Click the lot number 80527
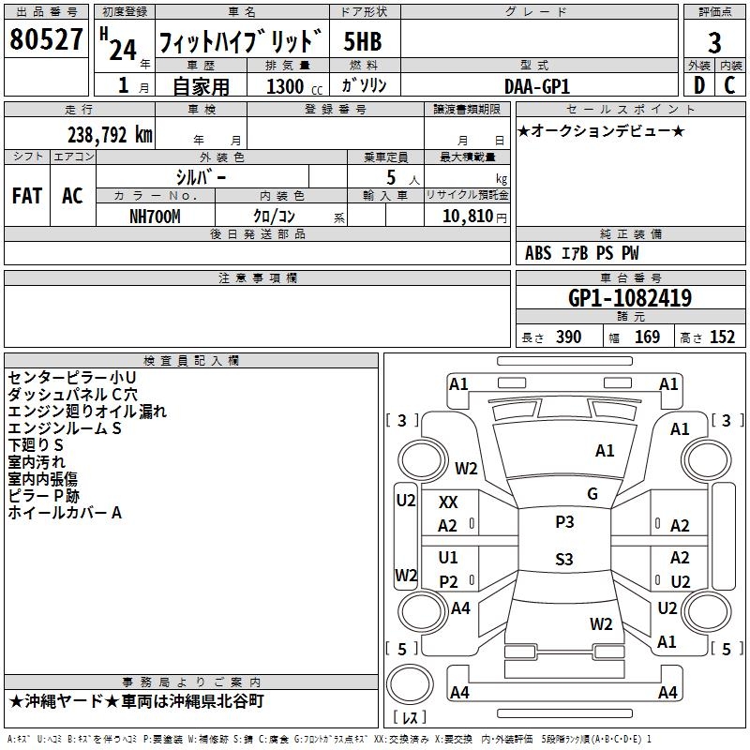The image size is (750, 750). click(x=47, y=40)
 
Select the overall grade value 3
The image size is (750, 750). click(x=714, y=42)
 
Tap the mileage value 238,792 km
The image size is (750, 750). click(x=110, y=135)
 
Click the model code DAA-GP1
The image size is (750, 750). click(x=536, y=85)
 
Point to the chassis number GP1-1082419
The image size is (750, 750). click(x=631, y=298)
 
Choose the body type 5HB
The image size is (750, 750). click(x=363, y=41)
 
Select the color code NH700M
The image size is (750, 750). click(x=155, y=215)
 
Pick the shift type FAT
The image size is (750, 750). click(x=27, y=196)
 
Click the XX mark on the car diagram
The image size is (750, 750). click(x=448, y=502)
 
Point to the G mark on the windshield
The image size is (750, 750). click(x=592, y=494)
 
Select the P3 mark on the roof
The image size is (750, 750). click(x=563, y=522)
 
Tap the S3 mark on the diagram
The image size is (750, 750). click(x=563, y=560)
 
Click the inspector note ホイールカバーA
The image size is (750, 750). click(x=66, y=513)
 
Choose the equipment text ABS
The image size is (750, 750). click(x=538, y=253)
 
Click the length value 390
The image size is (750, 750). click(x=568, y=337)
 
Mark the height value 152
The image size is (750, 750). click(x=722, y=337)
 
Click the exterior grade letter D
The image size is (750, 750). click(x=698, y=85)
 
